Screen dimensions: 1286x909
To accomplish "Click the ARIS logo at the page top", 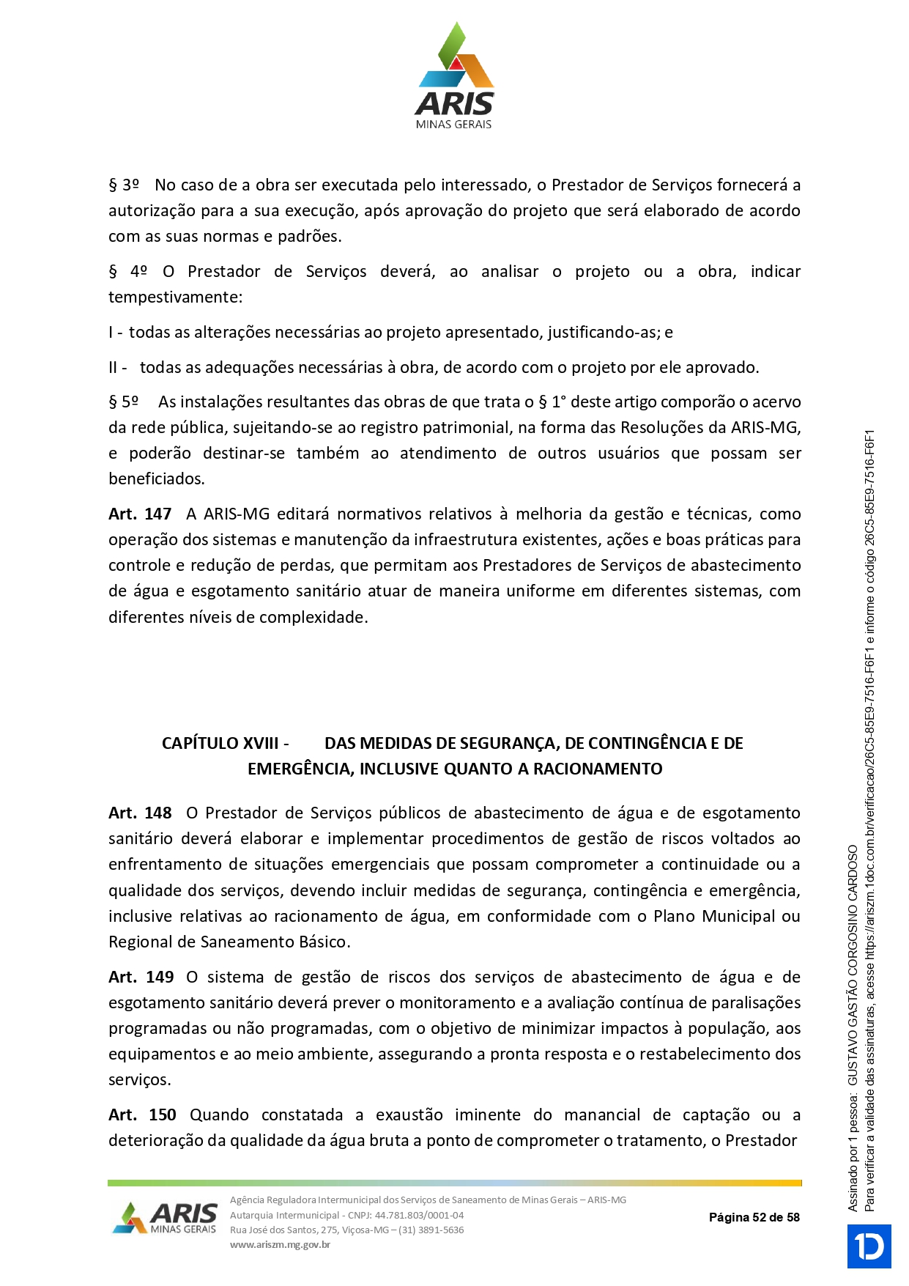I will point(454,76).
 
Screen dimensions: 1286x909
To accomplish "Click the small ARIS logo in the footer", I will point(166,1218).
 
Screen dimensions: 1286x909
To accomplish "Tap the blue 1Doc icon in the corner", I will point(869,1246).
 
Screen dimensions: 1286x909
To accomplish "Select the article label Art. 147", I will point(140,514).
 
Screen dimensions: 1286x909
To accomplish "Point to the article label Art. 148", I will point(140,813).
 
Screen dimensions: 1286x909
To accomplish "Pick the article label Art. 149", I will point(141,977).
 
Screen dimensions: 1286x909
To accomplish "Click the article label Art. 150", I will point(142,1115).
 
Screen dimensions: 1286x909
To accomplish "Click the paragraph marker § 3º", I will point(124,185).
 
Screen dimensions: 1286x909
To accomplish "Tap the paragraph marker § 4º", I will point(128,271).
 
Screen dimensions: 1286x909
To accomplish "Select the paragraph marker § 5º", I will point(124,402).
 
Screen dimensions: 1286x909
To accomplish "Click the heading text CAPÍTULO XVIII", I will point(220,743).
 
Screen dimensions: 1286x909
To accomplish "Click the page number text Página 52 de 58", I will point(754,1217).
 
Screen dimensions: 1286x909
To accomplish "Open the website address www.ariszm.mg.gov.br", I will point(280,1244).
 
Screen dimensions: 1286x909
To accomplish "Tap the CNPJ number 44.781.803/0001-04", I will point(419,1215).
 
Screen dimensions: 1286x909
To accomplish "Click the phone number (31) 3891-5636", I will point(431,1230).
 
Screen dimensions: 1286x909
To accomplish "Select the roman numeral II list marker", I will point(113,367).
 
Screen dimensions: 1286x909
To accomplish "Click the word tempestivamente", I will point(174,297).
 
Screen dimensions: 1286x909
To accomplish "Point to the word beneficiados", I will point(156,478).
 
